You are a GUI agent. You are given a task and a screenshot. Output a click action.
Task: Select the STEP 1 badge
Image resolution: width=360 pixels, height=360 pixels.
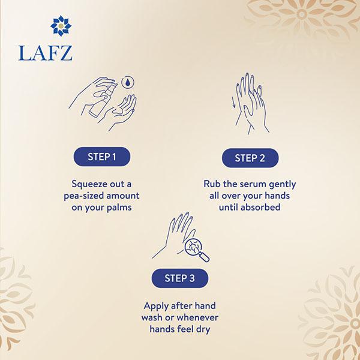(102, 157)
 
